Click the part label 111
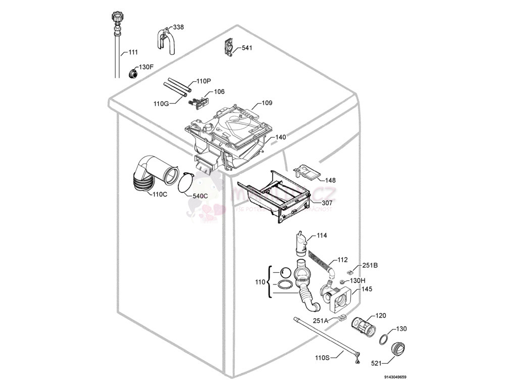click(x=133, y=52)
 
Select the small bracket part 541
click(x=228, y=48)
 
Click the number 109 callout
click(x=267, y=103)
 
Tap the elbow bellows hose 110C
click(x=149, y=176)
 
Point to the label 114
click(x=322, y=235)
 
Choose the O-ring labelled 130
click(x=384, y=338)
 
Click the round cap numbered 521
click(x=397, y=349)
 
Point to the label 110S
click(x=322, y=358)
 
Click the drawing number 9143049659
click(x=395, y=377)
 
